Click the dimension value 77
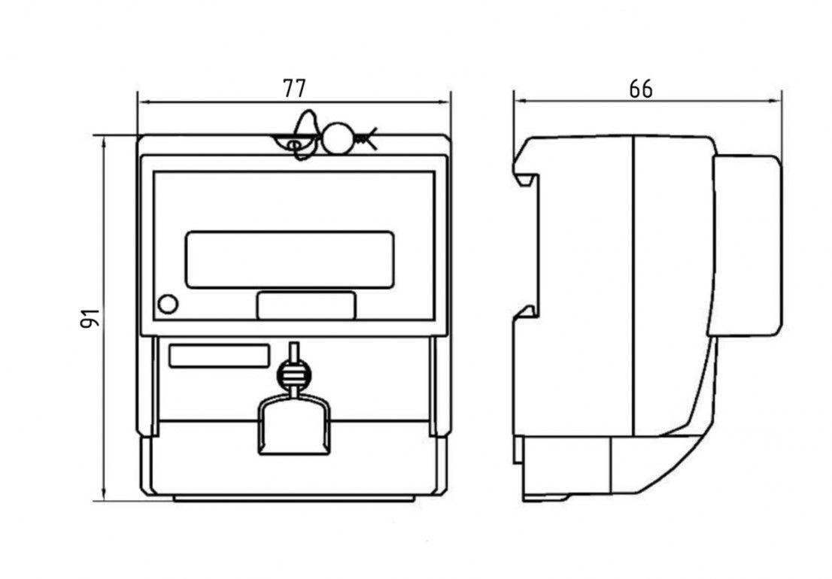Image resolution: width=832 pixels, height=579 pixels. coord(294,88)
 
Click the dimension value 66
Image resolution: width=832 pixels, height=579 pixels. coord(640,89)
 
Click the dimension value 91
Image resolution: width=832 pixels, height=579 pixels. coord(90,318)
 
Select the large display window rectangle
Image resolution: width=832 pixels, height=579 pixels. coord(290,259)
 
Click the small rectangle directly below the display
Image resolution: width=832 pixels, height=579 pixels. coord(306,305)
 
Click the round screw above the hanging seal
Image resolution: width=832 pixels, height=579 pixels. coord(294,373)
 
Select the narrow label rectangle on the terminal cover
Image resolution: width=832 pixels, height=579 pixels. coord(219,356)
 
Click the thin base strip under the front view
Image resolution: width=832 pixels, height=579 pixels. coord(293,498)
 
